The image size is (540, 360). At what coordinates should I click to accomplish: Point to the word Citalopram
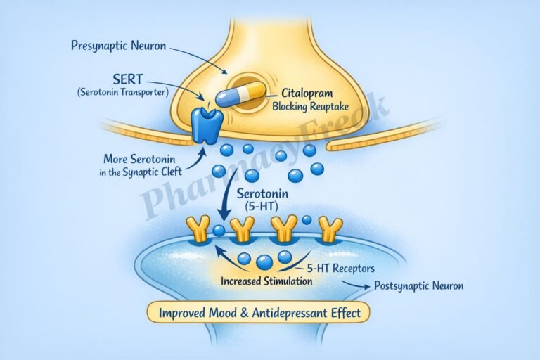[307, 93]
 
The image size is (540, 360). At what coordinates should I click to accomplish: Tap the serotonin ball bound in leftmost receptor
[219, 230]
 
